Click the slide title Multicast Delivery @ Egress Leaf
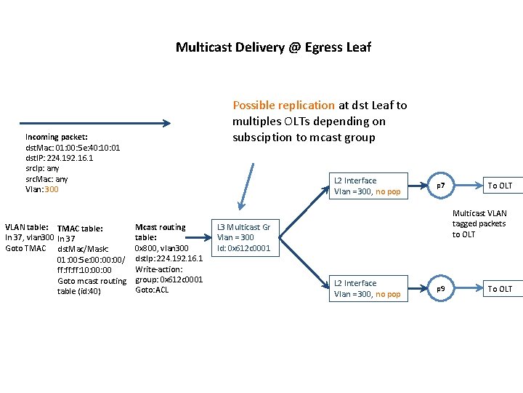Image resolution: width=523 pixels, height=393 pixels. [x=273, y=47]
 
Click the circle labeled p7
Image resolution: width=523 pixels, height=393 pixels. [x=440, y=186]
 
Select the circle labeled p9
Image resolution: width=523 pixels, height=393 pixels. [x=440, y=289]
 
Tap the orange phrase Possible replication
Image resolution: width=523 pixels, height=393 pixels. [x=283, y=106]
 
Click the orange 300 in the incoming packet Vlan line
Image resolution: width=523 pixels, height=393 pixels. [x=51, y=189]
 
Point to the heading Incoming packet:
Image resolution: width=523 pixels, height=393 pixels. [x=56, y=137]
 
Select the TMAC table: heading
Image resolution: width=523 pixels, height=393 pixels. [x=80, y=229]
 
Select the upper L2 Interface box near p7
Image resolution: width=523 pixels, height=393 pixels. [x=367, y=186]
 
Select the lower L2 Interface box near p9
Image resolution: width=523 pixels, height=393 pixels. [x=367, y=289]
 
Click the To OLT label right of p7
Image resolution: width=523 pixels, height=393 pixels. [x=500, y=186]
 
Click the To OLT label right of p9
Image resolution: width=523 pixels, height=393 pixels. [x=500, y=290]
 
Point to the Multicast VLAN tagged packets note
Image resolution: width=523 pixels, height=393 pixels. [x=479, y=224]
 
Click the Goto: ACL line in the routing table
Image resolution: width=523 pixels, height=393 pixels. [x=152, y=290]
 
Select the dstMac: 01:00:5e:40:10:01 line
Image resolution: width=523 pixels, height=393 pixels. [x=73, y=148]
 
